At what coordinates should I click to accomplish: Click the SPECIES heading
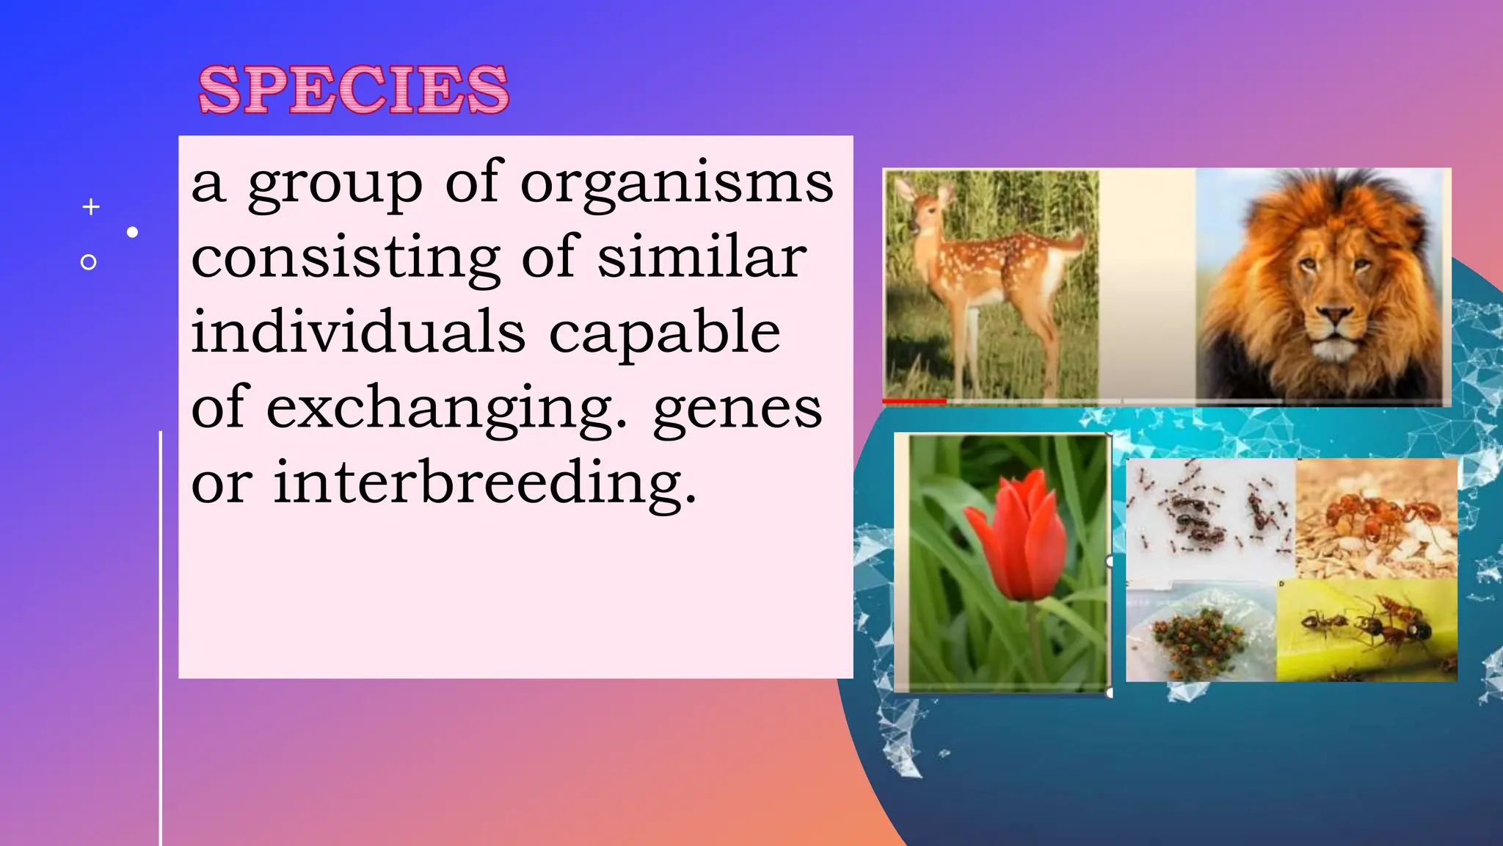[353, 90]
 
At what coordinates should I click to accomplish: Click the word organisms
[677, 184]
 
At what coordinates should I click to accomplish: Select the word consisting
[346, 259]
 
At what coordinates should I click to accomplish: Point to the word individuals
[358, 332]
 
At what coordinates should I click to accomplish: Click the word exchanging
[446, 410]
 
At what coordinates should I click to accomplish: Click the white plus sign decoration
[91, 207]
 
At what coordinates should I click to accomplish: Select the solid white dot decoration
[132, 232]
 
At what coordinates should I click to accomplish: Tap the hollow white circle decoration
[88, 262]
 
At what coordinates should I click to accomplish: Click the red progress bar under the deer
[914, 401]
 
